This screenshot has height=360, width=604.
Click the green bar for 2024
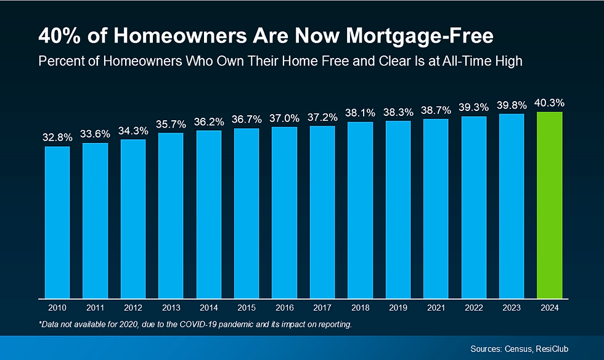(x=550, y=205)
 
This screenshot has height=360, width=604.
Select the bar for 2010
(x=57, y=222)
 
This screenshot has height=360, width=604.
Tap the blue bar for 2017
(x=322, y=212)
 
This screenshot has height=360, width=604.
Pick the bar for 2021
(x=436, y=208)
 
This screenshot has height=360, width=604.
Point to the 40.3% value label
(x=550, y=102)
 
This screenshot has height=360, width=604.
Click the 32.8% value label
(x=57, y=137)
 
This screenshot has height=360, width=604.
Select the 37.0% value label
(x=285, y=117)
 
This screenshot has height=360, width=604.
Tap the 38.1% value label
(x=361, y=113)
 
